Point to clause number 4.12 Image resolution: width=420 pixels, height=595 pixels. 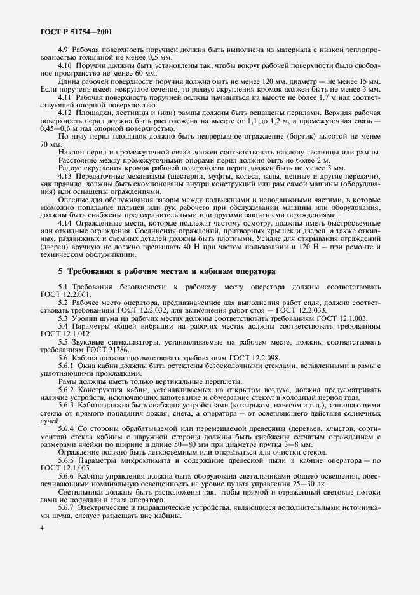click(x=66, y=112)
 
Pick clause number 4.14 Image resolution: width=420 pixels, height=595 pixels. click(x=66, y=224)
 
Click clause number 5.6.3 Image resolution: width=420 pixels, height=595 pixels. click(x=67, y=405)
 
